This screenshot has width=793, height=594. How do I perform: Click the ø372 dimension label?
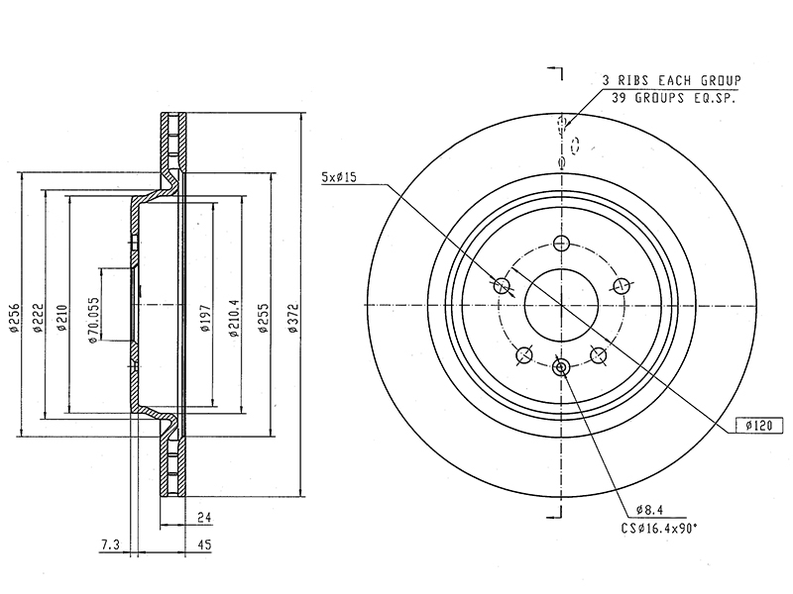(292, 318)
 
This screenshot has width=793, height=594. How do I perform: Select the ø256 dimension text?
(14, 318)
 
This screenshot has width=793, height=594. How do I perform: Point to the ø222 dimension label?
(37, 318)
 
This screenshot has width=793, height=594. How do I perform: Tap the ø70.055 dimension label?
(93, 320)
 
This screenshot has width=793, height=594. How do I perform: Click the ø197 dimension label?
(205, 318)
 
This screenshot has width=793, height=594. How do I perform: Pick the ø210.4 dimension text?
(234, 318)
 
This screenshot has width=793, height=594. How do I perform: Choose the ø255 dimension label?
(263, 318)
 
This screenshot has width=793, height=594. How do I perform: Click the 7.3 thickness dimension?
(110, 545)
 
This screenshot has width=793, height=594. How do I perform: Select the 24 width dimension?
(204, 517)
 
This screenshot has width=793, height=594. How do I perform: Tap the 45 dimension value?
(204, 545)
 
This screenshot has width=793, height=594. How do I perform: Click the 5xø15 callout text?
(339, 177)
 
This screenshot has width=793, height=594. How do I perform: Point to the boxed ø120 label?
(759, 426)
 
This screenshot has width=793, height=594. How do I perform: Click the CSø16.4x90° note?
(659, 529)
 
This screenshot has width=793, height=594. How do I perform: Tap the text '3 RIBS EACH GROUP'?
(672, 80)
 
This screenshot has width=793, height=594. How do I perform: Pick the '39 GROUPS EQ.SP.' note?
(673, 97)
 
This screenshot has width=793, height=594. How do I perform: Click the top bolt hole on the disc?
(561, 243)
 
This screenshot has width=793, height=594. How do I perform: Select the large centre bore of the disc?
(561, 305)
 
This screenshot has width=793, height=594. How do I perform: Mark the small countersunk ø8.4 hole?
(561, 367)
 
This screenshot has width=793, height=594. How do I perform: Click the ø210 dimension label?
(62, 318)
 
